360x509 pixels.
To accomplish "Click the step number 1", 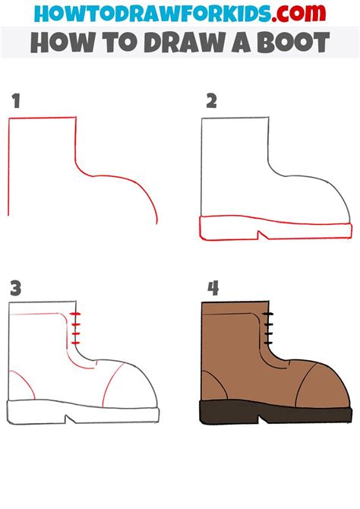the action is click(x=17, y=100).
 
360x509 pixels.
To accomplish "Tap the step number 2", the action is click(x=211, y=100).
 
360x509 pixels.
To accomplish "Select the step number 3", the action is click(x=16, y=288).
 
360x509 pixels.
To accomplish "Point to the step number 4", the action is click(x=213, y=288).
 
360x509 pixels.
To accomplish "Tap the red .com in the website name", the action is click(x=298, y=13).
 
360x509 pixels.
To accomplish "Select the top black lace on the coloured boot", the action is click(x=268, y=314).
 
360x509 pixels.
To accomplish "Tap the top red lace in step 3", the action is click(x=75, y=314).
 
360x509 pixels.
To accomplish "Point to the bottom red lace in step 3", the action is click(x=75, y=343).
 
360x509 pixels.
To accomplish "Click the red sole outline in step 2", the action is click(x=275, y=228).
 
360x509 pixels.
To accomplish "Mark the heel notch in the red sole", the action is click(x=261, y=235).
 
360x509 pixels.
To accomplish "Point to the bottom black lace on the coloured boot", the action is click(x=268, y=343).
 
